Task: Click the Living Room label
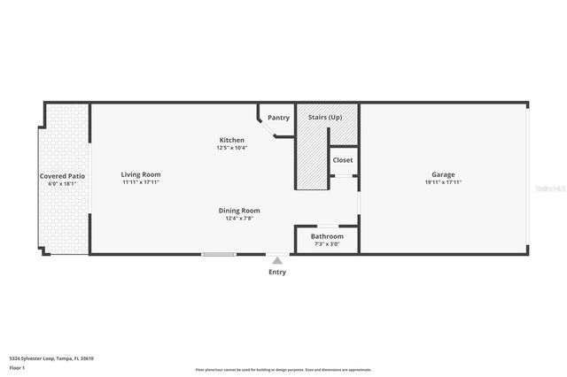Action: pyautogui.click(x=141, y=174)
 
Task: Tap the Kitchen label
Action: pyautogui.click(x=232, y=140)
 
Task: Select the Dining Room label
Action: pyautogui.click(x=239, y=210)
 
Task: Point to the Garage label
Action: pyautogui.click(x=443, y=174)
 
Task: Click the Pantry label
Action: pyautogui.click(x=278, y=118)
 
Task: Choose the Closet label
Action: pyautogui.click(x=342, y=160)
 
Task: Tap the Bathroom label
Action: pyautogui.click(x=327, y=236)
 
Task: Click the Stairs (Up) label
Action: pyautogui.click(x=325, y=118)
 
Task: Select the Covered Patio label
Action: pyautogui.click(x=62, y=177)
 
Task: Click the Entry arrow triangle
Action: pyautogui.click(x=277, y=260)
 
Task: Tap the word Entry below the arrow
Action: pyautogui.click(x=277, y=272)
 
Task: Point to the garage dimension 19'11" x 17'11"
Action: pyautogui.click(x=443, y=182)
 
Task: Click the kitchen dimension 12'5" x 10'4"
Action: pyautogui.click(x=232, y=148)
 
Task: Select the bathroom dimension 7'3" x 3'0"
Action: pyautogui.click(x=327, y=244)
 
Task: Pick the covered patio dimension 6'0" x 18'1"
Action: pyautogui.click(x=62, y=184)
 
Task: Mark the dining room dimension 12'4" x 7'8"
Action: pyautogui.click(x=239, y=218)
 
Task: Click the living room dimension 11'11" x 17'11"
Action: pyautogui.click(x=141, y=182)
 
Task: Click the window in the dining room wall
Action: pyautogui.click(x=218, y=255)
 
